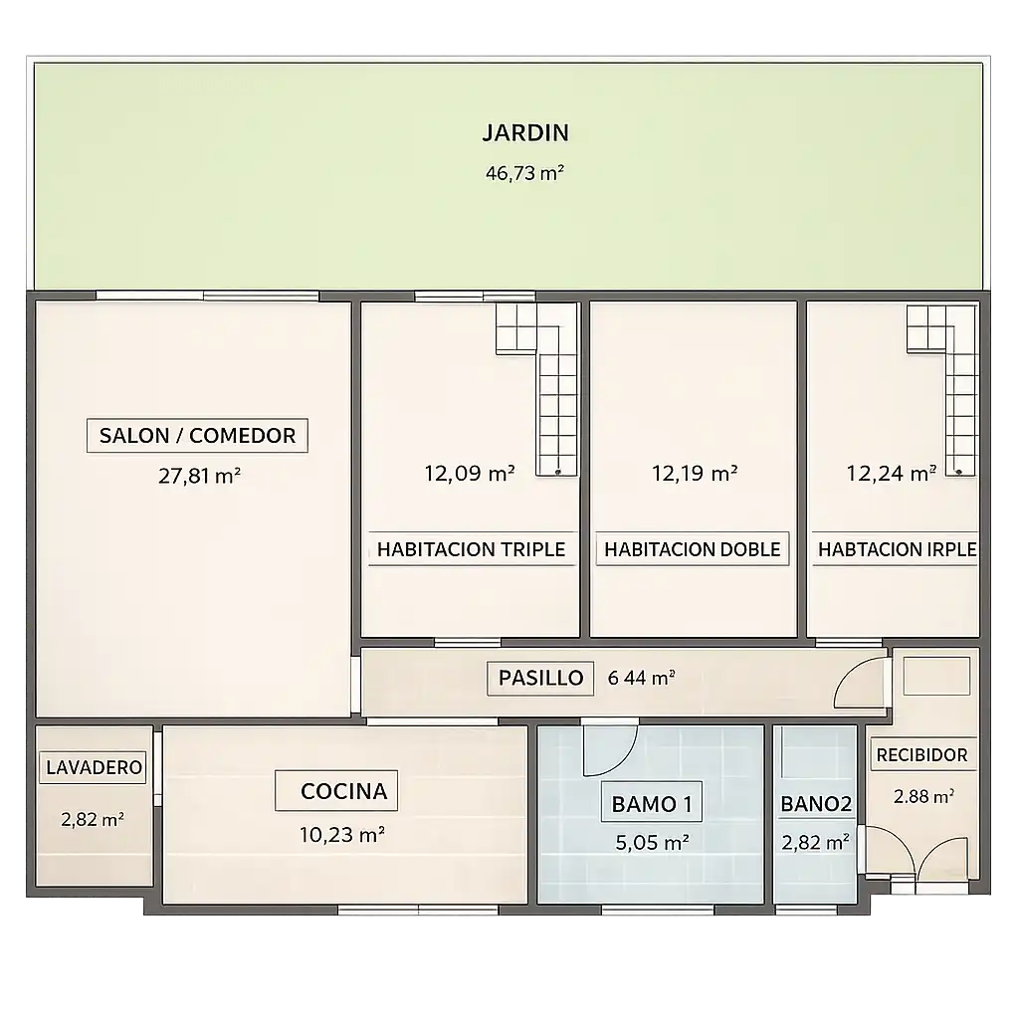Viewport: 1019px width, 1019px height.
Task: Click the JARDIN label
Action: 525,132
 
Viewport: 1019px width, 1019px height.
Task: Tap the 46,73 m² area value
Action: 524,173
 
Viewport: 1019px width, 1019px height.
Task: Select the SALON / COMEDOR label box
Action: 197,436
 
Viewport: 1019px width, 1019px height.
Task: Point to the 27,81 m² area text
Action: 199,476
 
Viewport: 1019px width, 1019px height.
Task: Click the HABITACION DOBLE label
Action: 693,549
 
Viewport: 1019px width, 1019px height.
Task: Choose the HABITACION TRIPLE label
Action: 471,549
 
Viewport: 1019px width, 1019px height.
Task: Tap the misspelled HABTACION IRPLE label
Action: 897,549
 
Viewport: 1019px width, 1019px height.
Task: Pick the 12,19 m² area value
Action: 694,473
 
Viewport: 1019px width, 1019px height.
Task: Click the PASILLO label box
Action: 540,679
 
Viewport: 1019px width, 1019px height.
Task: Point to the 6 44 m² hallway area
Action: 641,678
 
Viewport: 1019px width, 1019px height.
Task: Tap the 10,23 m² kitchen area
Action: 342,835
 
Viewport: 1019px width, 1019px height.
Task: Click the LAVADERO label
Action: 94,767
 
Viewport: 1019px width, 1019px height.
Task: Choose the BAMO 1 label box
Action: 652,804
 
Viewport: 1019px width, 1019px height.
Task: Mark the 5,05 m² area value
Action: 652,843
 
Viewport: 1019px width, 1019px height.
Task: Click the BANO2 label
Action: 816,804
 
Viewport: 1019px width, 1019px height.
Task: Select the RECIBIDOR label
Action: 922,755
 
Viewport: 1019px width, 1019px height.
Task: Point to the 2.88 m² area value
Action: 923,796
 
